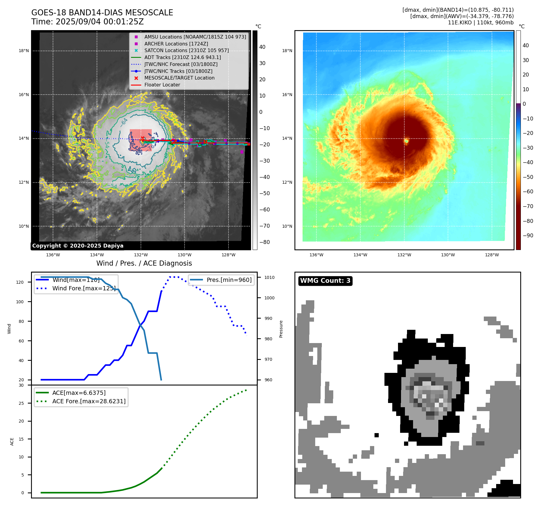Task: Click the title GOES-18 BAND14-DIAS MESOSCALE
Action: (x=102, y=13)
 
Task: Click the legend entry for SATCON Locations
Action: (x=186, y=51)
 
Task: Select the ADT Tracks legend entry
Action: (x=182, y=57)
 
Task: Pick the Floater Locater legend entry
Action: (x=162, y=85)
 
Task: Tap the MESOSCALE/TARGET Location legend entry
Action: (x=179, y=78)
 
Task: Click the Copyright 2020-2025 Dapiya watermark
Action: (x=78, y=246)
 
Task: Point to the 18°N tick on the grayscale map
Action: (x=24, y=51)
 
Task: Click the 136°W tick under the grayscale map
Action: (x=53, y=255)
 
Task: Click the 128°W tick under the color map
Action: (x=492, y=255)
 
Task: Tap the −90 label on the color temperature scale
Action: (x=528, y=236)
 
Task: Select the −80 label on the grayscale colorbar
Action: (x=265, y=242)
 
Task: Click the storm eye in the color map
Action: (x=406, y=141)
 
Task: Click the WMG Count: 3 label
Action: (x=325, y=281)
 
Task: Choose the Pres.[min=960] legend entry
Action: (x=229, y=280)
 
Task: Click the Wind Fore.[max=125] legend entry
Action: (x=84, y=288)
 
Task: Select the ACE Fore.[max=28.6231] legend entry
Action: (x=89, y=401)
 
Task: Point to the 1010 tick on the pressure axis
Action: (x=269, y=277)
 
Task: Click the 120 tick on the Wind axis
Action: (x=20, y=282)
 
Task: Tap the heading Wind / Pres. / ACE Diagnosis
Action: (x=144, y=263)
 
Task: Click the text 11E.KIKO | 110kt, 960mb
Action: (x=480, y=23)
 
